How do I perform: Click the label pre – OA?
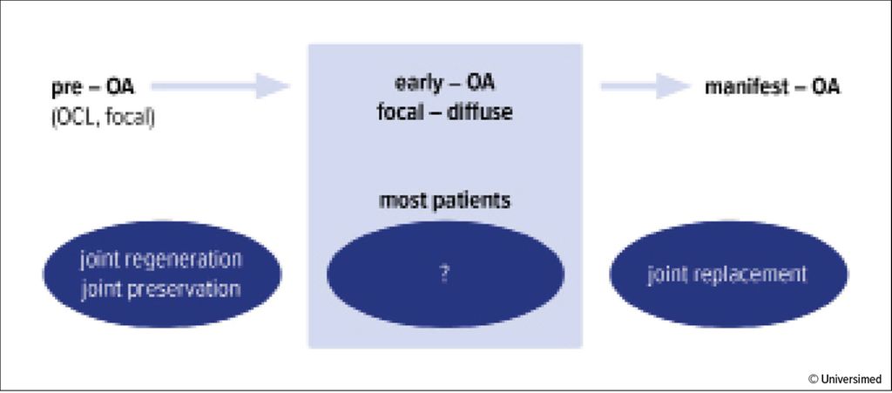point(92,88)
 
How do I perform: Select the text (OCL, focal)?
point(103,119)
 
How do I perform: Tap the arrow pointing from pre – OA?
point(220,86)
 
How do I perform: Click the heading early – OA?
point(445,84)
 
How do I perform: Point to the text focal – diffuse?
point(445,112)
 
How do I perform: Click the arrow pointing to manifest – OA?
point(645,86)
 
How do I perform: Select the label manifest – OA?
point(773,88)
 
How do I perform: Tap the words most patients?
point(445,201)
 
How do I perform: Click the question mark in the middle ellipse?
point(445,275)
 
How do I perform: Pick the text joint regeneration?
point(161,260)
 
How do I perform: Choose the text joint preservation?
point(161,289)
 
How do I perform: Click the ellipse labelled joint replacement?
point(729,274)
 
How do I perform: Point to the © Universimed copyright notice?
point(845,378)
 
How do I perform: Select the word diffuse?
point(480,112)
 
